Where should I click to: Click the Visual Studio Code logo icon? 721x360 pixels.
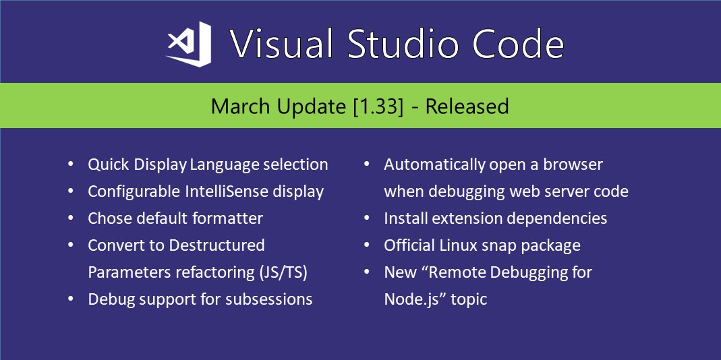point(189,44)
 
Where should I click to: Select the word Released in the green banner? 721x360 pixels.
point(467,107)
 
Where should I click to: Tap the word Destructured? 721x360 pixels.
point(217,245)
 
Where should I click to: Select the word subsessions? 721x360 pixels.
point(269,299)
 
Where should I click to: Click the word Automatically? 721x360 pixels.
point(434,164)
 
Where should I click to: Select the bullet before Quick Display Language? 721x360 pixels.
point(70,164)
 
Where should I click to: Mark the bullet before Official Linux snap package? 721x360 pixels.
point(366,245)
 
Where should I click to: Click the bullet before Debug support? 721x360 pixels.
point(70,299)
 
